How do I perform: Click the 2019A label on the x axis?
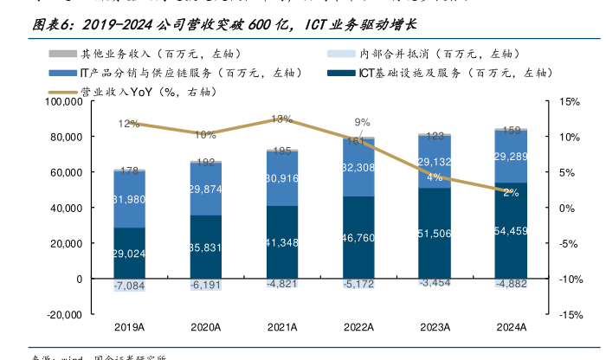pos(129,326)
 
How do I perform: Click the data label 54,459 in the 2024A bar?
pos(512,231)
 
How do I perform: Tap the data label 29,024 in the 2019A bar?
pos(129,254)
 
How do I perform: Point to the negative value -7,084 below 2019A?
pos(129,286)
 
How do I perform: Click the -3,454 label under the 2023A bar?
pos(435,283)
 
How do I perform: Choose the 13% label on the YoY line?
pos(281,119)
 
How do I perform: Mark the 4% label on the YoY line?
pos(435,177)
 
